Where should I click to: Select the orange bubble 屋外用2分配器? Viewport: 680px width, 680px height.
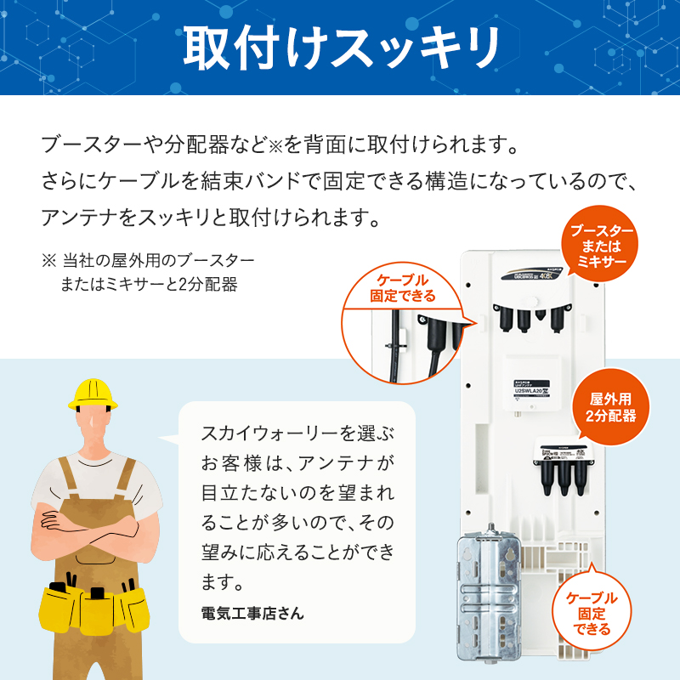point(605,408)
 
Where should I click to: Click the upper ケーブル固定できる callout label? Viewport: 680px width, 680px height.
point(403,288)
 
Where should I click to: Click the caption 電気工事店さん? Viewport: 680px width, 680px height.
point(252,612)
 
